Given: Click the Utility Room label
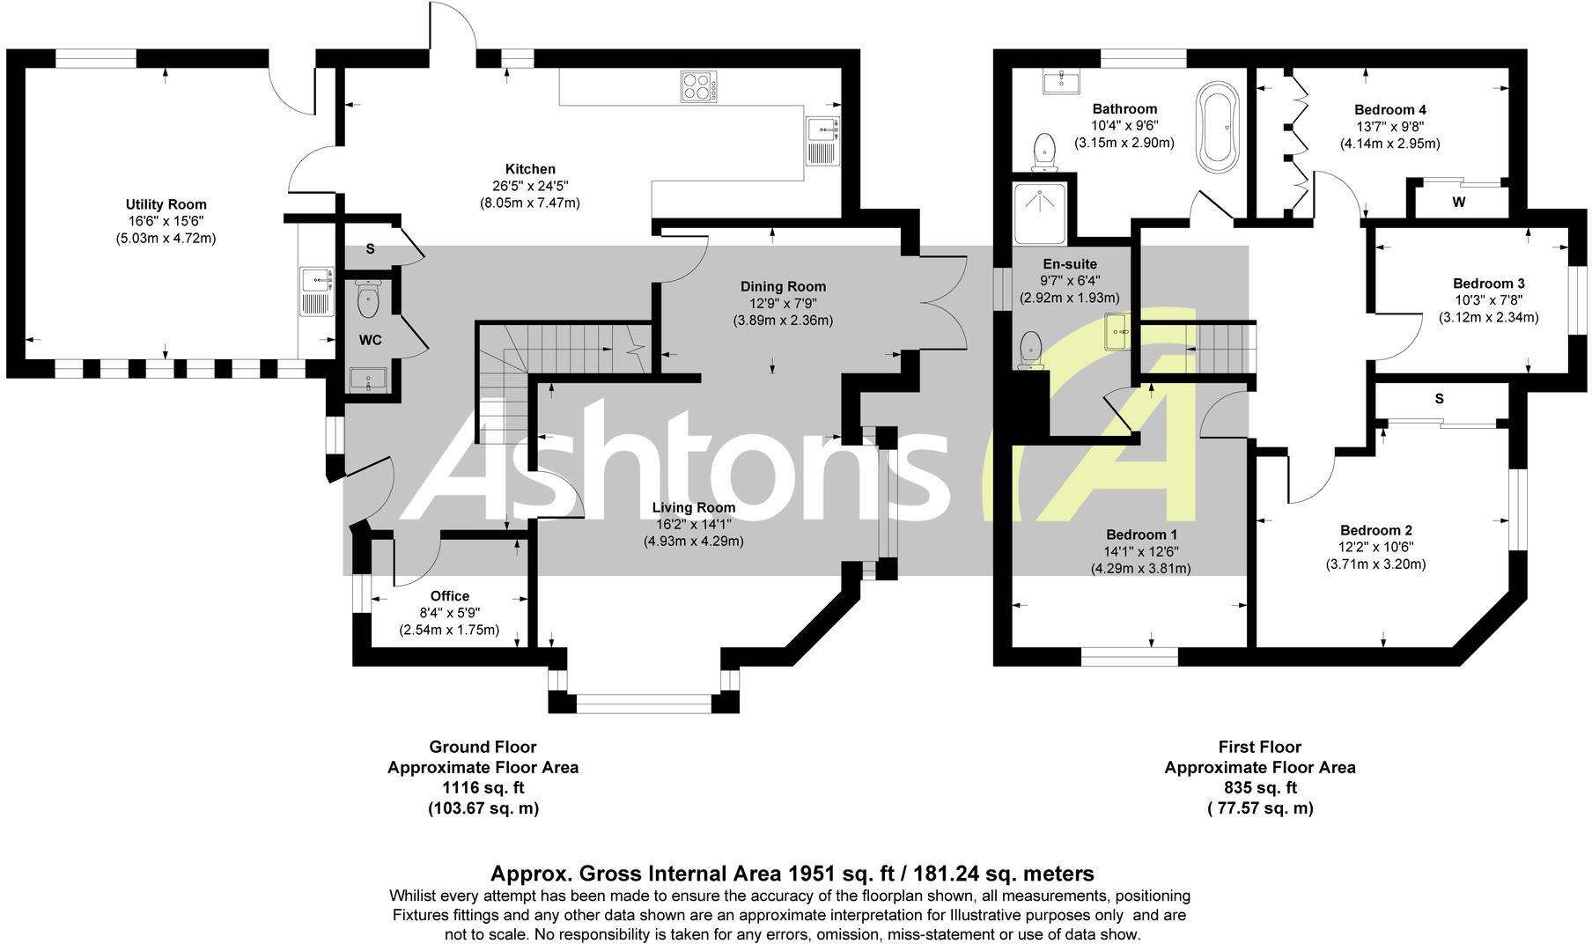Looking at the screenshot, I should coord(166,204).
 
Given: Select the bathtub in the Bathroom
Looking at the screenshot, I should coord(1217,127).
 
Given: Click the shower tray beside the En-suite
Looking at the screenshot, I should coord(1040,214).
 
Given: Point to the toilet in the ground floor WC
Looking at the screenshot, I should coord(368,299).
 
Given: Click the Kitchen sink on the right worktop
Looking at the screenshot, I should coord(823,141).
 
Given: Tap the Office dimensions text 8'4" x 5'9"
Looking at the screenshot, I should coord(449,613).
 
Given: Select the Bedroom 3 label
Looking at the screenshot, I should coord(1488,284).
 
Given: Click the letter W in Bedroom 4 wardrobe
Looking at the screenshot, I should coord(1458,203).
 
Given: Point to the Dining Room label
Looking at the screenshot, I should coord(783,286).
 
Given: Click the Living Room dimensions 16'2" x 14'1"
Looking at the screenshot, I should coord(693,524).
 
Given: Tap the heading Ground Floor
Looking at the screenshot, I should coord(483,747).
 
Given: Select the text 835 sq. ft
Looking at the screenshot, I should coord(1259,788).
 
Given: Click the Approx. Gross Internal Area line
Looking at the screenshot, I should coord(792,874).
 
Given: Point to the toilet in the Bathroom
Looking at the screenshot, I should coord(1044,151).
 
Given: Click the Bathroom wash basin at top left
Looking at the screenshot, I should coord(1061,83).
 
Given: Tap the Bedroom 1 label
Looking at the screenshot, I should coord(1141,535).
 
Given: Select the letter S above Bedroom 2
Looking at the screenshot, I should coord(1439,398).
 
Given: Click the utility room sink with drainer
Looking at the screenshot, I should coord(316,291).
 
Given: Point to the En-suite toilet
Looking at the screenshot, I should coord(1030,350).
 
